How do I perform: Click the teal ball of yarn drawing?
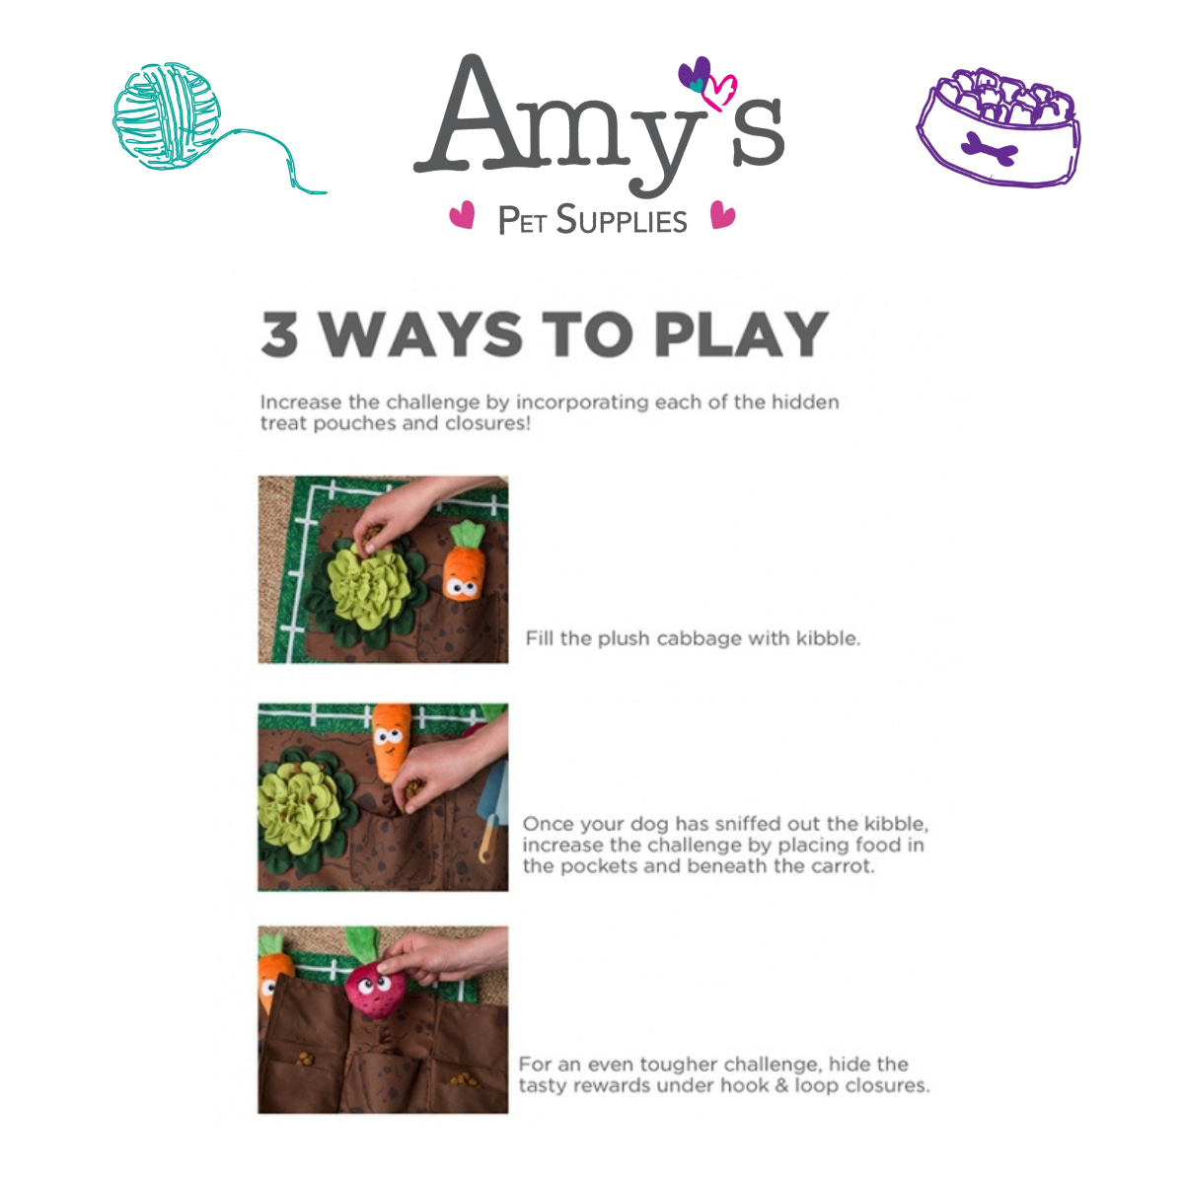tap(167, 116)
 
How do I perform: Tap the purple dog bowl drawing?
tap(998, 126)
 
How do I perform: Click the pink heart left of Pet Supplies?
tap(462, 215)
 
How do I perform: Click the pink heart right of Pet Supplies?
tap(722, 215)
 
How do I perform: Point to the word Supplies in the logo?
tap(622, 220)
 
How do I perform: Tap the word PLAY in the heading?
tap(742, 333)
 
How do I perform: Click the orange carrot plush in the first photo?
tap(465, 560)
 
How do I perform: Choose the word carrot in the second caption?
tap(842, 866)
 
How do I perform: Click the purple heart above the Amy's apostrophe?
tap(695, 74)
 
